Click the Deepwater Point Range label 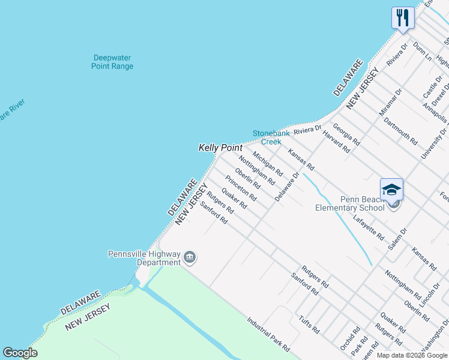click(112, 62)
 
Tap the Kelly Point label click(220, 148)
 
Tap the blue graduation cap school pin click(391, 190)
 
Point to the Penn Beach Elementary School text click(350, 204)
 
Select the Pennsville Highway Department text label click(144, 258)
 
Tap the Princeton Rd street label click(241, 188)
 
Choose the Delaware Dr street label click(286, 187)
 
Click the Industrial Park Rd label click(268, 334)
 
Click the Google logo click(20, 353)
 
